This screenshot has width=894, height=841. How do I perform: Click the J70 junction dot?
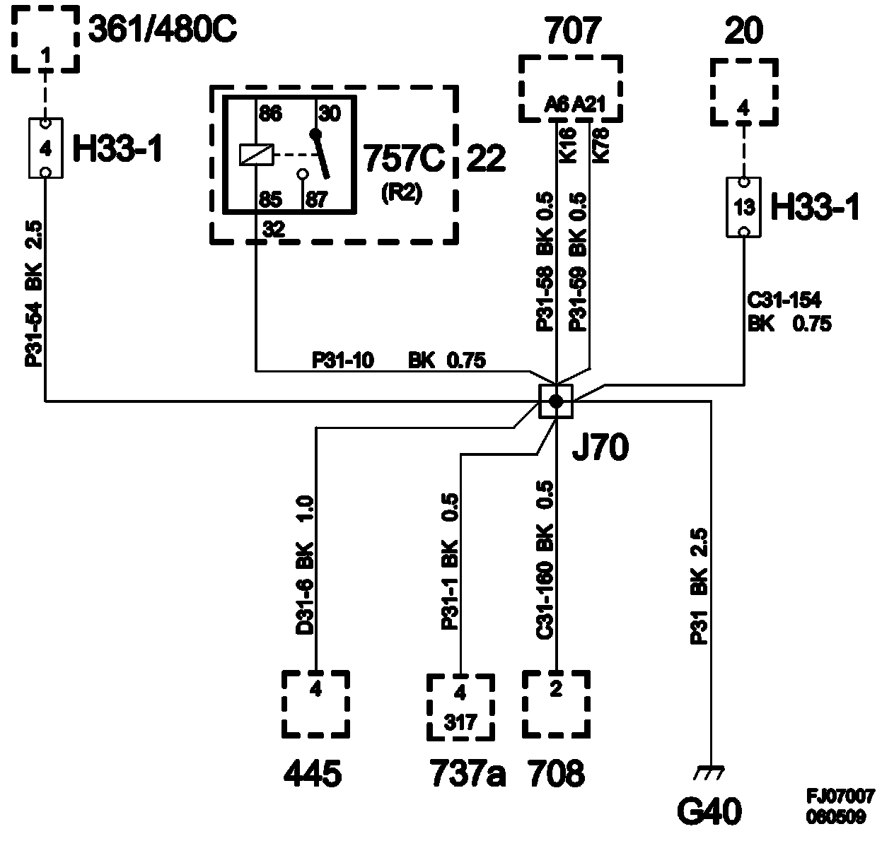point(556,401)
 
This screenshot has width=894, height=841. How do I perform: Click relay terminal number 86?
point(269,113)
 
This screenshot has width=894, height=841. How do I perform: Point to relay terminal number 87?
point(316,200)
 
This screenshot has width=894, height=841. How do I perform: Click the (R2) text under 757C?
point(400,194)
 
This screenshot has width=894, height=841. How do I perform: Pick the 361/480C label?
point(163,31)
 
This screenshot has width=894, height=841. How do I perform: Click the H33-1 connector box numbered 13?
point(743,207)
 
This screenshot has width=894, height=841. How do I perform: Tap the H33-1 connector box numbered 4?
point(45,148)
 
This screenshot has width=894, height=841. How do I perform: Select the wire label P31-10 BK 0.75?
point(399,361)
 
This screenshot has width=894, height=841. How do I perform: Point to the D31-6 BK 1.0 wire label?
point(306,565)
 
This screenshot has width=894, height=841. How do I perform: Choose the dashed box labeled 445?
point(315,704)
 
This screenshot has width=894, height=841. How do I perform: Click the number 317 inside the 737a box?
point(460,722)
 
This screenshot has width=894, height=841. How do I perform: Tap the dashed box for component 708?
point(556,704)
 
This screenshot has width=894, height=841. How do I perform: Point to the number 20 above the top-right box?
point(743,32)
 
